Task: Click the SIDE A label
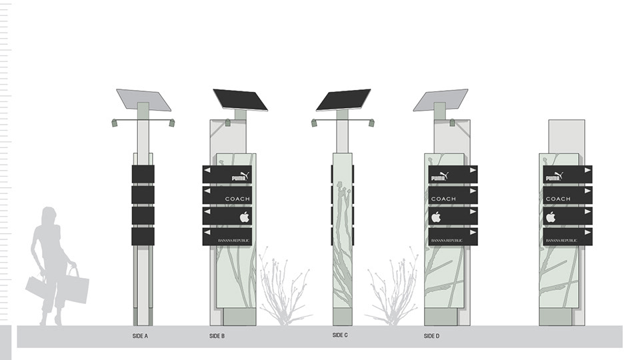point(140,336)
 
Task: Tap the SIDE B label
point(217,336)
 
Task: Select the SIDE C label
point(340,335)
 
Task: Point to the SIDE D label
point(431,336)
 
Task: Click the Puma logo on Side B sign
point(240,177)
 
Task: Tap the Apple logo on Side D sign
point(437,217)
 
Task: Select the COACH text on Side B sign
point(237,199)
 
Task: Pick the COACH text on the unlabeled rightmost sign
point(558,199)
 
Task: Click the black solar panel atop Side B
point(240,99)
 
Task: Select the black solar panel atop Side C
point(343,99)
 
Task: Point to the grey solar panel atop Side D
point(440,99)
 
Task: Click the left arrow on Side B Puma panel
point(207,171)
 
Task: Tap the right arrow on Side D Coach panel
point(473,191)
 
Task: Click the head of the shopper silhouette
point(49,217)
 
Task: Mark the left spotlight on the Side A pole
point(115,123)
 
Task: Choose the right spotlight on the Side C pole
point(371,123)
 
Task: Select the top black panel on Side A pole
point(143,174)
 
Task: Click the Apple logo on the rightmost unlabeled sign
point(551,217)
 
